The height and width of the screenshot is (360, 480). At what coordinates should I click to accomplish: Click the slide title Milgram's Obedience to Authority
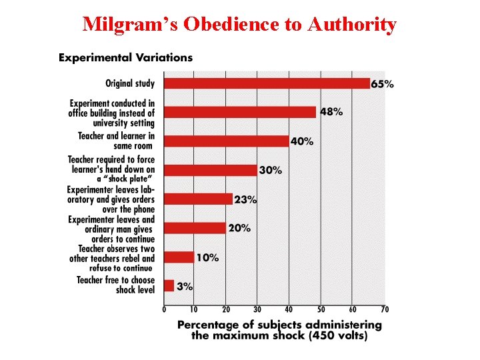(239, 25)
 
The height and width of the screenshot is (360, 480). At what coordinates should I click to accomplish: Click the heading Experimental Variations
(125, 57)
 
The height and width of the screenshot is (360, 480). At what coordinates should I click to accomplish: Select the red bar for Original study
(267, 83)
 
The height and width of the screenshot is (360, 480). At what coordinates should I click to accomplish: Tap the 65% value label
(382, 84)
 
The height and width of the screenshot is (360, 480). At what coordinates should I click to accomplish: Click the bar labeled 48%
(240, 112)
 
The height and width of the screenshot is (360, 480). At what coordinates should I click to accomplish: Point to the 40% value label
(302, 141)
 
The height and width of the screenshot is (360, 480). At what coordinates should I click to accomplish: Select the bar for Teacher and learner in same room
(227, 141)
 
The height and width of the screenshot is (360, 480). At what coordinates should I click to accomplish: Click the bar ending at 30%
(211, 170)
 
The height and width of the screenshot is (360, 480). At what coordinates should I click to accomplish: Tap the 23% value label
(245, 199)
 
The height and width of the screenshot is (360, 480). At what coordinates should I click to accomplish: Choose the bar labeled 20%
(195, 228)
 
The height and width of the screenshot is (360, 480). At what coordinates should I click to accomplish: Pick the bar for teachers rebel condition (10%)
(179, 257)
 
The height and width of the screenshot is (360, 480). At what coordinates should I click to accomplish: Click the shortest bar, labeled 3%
(169, 286)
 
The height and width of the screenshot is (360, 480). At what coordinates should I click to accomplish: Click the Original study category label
(130, 84)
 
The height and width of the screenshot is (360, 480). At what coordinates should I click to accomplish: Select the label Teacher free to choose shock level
(115, 285)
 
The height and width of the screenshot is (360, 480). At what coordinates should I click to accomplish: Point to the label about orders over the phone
(111, 199)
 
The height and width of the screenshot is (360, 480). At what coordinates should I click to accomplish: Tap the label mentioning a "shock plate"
(111, 170)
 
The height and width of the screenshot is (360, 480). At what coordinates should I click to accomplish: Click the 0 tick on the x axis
(164, 309)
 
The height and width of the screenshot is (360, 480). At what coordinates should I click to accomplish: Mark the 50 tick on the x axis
(321, 309)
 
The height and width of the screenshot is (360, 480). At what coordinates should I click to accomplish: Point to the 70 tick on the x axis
(384, 309)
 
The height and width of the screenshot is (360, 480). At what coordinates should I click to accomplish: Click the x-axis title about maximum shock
(279, 330)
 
